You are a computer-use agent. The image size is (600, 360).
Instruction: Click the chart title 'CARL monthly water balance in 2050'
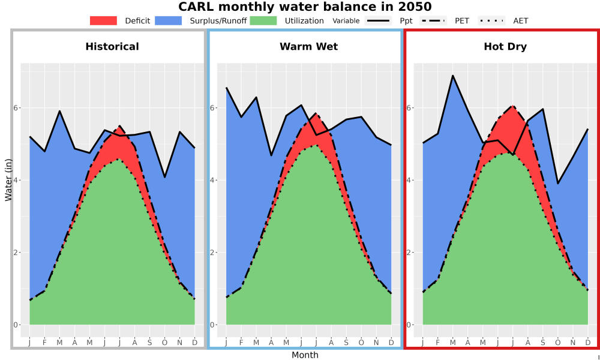click(305, 7)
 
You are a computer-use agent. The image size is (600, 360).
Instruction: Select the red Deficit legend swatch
click(103, 20)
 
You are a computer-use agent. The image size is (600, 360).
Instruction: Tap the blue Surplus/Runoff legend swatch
click(169, 20)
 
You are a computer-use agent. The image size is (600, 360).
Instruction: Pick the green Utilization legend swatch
click(263, 20)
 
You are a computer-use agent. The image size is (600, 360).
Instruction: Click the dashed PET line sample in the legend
click(433, 20)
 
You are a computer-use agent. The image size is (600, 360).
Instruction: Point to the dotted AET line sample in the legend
click(491, 20)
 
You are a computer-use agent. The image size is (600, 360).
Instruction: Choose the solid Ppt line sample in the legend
click(377, 20)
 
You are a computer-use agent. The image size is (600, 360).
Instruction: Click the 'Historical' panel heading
click(112, 47)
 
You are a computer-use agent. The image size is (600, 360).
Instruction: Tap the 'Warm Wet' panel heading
click(309, 47)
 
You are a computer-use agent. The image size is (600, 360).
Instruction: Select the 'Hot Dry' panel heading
click(505, 47)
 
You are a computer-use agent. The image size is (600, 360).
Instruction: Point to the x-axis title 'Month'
click(305, 355)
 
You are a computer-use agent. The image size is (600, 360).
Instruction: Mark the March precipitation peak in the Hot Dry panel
click(453, 76)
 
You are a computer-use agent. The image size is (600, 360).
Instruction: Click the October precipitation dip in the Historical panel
click(165, 177)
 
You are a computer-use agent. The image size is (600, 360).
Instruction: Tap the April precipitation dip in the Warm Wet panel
click(271, 155)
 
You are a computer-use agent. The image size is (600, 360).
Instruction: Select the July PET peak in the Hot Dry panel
click(513, 106)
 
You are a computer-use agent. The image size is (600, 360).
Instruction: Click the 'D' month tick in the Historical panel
click(195, 343)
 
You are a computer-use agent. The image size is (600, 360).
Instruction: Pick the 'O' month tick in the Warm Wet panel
click(361, 343)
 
